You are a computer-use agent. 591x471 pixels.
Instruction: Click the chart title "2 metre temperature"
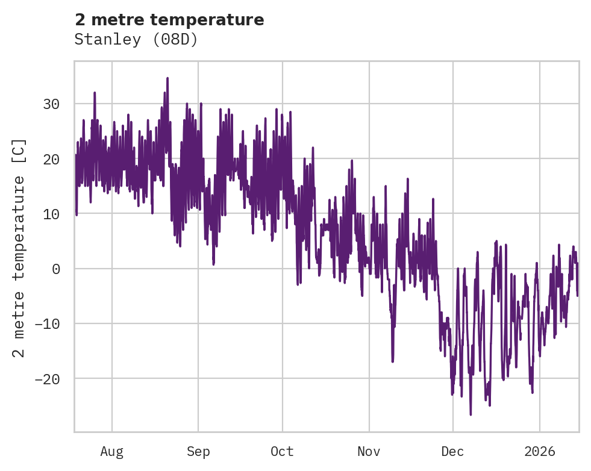[x=169, y=20]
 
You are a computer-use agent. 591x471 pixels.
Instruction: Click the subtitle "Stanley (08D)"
[x=136, y=39]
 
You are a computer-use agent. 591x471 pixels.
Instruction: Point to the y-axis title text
[x=19, y=248]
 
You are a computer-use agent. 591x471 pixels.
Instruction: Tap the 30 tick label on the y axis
[x=51, y=104]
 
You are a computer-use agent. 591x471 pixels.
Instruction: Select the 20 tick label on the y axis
[x=51, y=159]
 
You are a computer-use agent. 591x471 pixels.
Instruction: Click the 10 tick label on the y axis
[x=51, y=214]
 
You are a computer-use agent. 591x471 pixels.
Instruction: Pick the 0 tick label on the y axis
[x=56, y=269]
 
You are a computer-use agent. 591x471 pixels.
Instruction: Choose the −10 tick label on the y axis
[x=47, y=324]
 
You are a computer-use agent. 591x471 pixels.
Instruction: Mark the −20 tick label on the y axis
[x=47, y=379]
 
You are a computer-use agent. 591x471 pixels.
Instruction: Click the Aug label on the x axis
[x=111, y=452]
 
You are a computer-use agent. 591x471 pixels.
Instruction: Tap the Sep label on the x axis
[x=198, y=452]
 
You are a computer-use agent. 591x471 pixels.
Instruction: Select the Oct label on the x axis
[x=282, y=452]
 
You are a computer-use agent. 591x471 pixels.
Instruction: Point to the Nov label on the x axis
[x=369, y=452]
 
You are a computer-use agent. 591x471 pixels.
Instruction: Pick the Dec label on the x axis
[x=453, y=452]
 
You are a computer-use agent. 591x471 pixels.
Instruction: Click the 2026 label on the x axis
[x=540, y=452]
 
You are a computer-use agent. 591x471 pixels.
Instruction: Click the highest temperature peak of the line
[x=167, y=78]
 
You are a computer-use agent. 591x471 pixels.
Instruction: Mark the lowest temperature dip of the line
[x=471, y=414]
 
